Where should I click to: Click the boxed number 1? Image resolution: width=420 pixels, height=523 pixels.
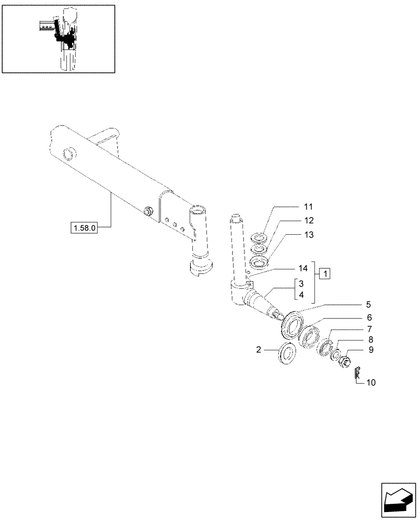click(324, 274)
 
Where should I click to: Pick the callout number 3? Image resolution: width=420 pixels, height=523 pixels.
click(301, 284)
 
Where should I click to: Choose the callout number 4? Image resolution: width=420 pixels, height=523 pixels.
click(301, 295)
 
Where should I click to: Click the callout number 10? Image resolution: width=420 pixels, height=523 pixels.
click(370, 382)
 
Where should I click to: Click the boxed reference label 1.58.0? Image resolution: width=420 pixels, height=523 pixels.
click(84, 228)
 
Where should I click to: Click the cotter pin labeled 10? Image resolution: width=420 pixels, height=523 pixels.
click(356, 372)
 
